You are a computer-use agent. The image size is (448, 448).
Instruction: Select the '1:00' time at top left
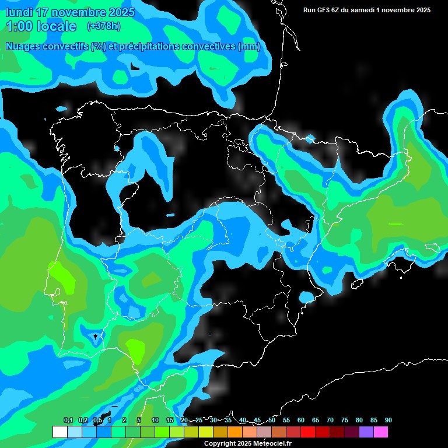pos(18,26)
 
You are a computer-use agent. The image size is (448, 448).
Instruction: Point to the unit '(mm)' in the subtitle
pos(249,47)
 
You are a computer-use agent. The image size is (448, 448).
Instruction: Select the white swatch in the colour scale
pos(60,432)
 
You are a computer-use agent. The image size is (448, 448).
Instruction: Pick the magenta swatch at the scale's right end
pos(380,432)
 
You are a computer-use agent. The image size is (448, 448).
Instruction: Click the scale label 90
pos(388,420)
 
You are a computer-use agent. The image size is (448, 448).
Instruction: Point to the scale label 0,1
pos(68,420)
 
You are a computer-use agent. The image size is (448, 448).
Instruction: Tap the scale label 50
pos(272,420)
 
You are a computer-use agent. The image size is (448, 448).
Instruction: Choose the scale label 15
pos(170,420)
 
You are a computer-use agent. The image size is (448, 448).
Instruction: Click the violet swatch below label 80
pos(366,432)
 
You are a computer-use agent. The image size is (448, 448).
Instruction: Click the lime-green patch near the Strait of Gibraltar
pos(136,350)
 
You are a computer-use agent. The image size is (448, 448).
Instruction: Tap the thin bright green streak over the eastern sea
pos(395,224)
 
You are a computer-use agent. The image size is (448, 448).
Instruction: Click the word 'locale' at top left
pos(56,26)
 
